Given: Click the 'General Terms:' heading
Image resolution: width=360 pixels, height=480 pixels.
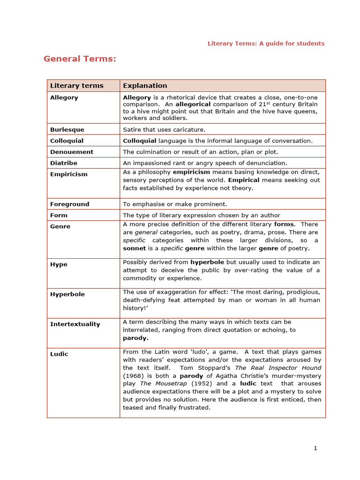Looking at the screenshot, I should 80,59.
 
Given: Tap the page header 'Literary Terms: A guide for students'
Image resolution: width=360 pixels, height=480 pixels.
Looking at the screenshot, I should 266,44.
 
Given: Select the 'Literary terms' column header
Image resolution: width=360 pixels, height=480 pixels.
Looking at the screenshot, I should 76,86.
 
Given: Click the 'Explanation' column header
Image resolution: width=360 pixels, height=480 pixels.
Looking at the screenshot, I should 145,86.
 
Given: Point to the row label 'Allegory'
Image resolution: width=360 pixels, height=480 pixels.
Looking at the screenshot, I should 64,97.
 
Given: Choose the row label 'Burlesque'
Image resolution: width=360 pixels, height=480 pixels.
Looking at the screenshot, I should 67,129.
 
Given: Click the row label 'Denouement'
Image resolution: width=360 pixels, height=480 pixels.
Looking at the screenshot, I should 72,152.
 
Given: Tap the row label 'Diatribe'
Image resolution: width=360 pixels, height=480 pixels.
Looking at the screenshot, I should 64,163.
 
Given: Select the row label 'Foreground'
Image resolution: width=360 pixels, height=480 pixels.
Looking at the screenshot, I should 69,204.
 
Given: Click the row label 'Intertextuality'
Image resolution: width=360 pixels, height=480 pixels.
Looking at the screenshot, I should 75,324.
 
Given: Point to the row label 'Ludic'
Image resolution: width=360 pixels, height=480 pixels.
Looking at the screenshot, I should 59,354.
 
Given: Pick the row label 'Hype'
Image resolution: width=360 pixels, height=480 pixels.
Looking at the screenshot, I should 59,264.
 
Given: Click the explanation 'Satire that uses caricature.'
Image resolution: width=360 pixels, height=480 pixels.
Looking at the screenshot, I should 164,129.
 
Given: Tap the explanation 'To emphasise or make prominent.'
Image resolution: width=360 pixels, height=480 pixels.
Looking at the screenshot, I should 175,204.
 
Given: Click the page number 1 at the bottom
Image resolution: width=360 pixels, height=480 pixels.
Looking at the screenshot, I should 315,448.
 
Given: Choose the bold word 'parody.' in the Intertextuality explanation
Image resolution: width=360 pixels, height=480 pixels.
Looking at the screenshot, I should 135,338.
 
